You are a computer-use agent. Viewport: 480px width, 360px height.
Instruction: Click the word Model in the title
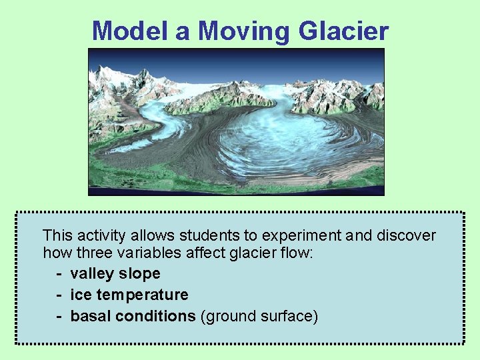click(x=130, y=31)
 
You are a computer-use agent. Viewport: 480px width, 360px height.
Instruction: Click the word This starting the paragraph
click(x=58, y=235)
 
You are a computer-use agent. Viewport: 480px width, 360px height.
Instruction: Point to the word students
click(x=216, y=235)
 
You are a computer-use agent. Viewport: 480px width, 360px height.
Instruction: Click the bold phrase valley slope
click(x=115, y=273)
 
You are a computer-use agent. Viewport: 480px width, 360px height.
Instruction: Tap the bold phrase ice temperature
click(x=129, y=295)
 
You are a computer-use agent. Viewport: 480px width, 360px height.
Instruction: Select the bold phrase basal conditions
click(x=133, y=316)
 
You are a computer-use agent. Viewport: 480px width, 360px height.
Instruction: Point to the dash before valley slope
click(x=60, y=273)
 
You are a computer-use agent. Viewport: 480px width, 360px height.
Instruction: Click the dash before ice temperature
click(x=60, y=295)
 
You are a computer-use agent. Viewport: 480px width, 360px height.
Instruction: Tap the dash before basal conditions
click(x=60, y=316)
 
